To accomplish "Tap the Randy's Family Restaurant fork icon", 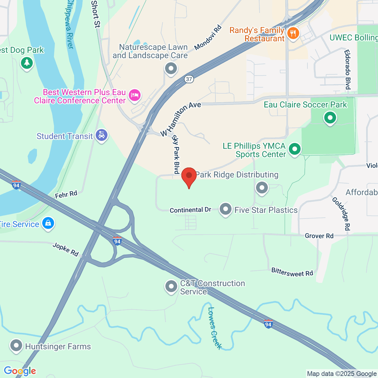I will tap(293, 33).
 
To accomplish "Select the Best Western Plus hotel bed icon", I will tap(135, 95).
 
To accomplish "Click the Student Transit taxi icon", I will tap(101, 135).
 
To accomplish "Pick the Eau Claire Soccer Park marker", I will tap(330, 118).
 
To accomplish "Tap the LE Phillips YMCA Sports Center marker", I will tap(295, 149).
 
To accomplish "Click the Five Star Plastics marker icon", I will tap(226, 209).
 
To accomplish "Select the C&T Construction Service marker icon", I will tap(171, 286).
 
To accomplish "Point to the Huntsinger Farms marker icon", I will tap(16, 346).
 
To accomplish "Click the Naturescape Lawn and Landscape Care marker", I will tap(171, 68).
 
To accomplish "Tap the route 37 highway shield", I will tap(189, 79).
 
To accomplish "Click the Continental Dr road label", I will tap(190, 210).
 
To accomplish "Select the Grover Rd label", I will tap(319, 236).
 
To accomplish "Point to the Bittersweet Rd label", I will tap(292, 272).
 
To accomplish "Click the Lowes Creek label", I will tap(215, 328).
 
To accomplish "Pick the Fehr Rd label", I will tap(66, 195).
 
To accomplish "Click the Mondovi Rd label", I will tap(208, 38).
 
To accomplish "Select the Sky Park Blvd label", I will tap(176, 154).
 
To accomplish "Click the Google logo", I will tap(20, 371).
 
